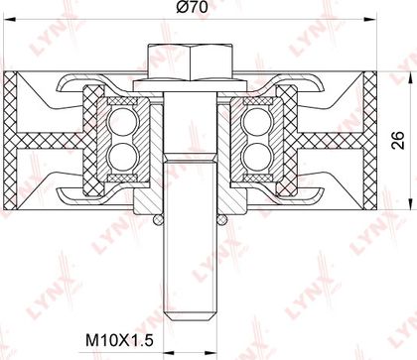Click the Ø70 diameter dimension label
(x=192, y=7)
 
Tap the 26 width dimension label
(x=398, y=140)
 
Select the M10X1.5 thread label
(x=119, y=340)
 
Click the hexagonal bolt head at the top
(x=191, y=62)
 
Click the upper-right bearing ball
(x=255, y=121)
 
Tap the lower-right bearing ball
(x=255, y=156)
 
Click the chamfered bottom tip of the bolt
(x=191, y=316)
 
